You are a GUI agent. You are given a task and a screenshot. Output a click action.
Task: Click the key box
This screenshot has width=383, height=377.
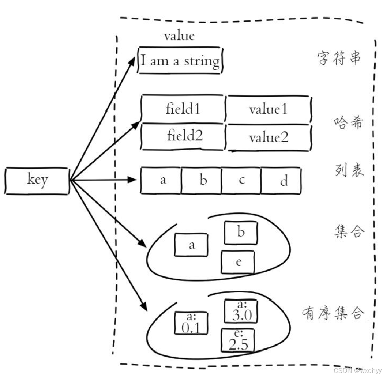37,181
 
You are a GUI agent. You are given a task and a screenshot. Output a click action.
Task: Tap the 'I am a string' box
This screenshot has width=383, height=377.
180,60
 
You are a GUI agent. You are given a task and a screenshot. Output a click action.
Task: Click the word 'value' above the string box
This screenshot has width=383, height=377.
179,36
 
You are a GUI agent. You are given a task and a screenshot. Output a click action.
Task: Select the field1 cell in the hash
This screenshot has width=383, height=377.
183,109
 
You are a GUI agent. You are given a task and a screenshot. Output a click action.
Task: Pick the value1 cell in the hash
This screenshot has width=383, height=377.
268,109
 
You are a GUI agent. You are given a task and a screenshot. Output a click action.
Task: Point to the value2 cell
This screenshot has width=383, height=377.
269,138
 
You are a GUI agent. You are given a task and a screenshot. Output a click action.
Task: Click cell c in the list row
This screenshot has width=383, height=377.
241,181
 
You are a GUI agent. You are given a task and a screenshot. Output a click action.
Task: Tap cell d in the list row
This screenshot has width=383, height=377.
281,181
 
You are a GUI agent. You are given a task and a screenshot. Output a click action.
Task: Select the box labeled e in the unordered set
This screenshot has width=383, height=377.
238,262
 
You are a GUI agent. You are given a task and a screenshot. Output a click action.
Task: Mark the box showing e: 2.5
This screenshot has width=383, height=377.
238,340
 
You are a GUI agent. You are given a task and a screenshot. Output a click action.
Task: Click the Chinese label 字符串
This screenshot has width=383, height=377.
339,59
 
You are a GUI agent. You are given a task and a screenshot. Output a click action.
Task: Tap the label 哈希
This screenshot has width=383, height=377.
348,123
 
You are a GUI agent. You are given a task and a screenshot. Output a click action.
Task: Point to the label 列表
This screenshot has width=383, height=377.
349,170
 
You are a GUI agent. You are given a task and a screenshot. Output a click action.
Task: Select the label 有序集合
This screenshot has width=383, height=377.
333,313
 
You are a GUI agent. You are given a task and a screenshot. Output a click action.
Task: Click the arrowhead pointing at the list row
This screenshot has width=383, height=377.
132,180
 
